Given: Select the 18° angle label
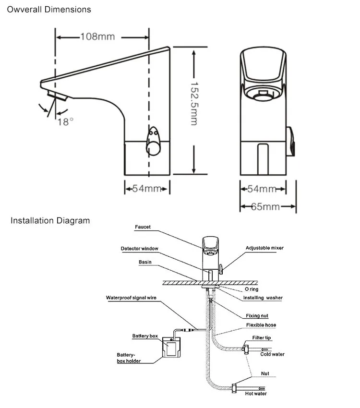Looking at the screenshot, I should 66,121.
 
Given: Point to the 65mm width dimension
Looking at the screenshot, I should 265,207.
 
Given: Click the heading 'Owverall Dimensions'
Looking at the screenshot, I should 48,9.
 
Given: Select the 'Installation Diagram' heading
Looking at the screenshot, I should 50,221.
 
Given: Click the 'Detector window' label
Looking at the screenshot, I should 139,248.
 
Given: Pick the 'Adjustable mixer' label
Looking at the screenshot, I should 264,248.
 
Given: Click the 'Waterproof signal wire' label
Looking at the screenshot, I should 131,298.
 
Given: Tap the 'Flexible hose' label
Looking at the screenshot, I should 261,325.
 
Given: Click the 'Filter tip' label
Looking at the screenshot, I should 261,338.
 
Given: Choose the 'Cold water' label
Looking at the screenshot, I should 272,354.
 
